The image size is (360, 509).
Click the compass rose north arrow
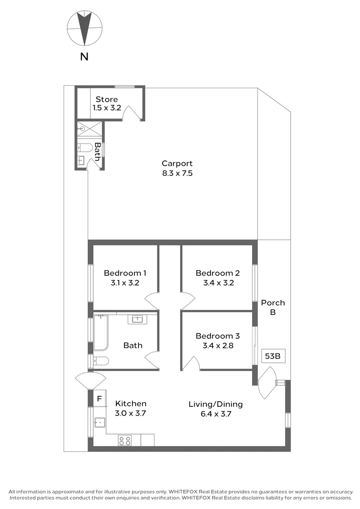84,28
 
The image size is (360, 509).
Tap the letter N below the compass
84,57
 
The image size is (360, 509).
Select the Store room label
106,99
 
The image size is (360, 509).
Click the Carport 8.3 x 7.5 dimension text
177,173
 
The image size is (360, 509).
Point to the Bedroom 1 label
125,273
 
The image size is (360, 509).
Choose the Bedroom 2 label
218,273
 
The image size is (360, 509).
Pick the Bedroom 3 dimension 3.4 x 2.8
218,345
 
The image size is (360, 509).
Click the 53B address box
273,356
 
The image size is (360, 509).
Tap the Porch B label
273,307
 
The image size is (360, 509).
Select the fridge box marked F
99,398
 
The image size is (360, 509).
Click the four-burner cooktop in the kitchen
125,441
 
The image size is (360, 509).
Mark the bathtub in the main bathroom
101,333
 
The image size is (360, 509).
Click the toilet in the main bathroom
100,361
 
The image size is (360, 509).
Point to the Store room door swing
131,112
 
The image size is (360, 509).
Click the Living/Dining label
215,404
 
